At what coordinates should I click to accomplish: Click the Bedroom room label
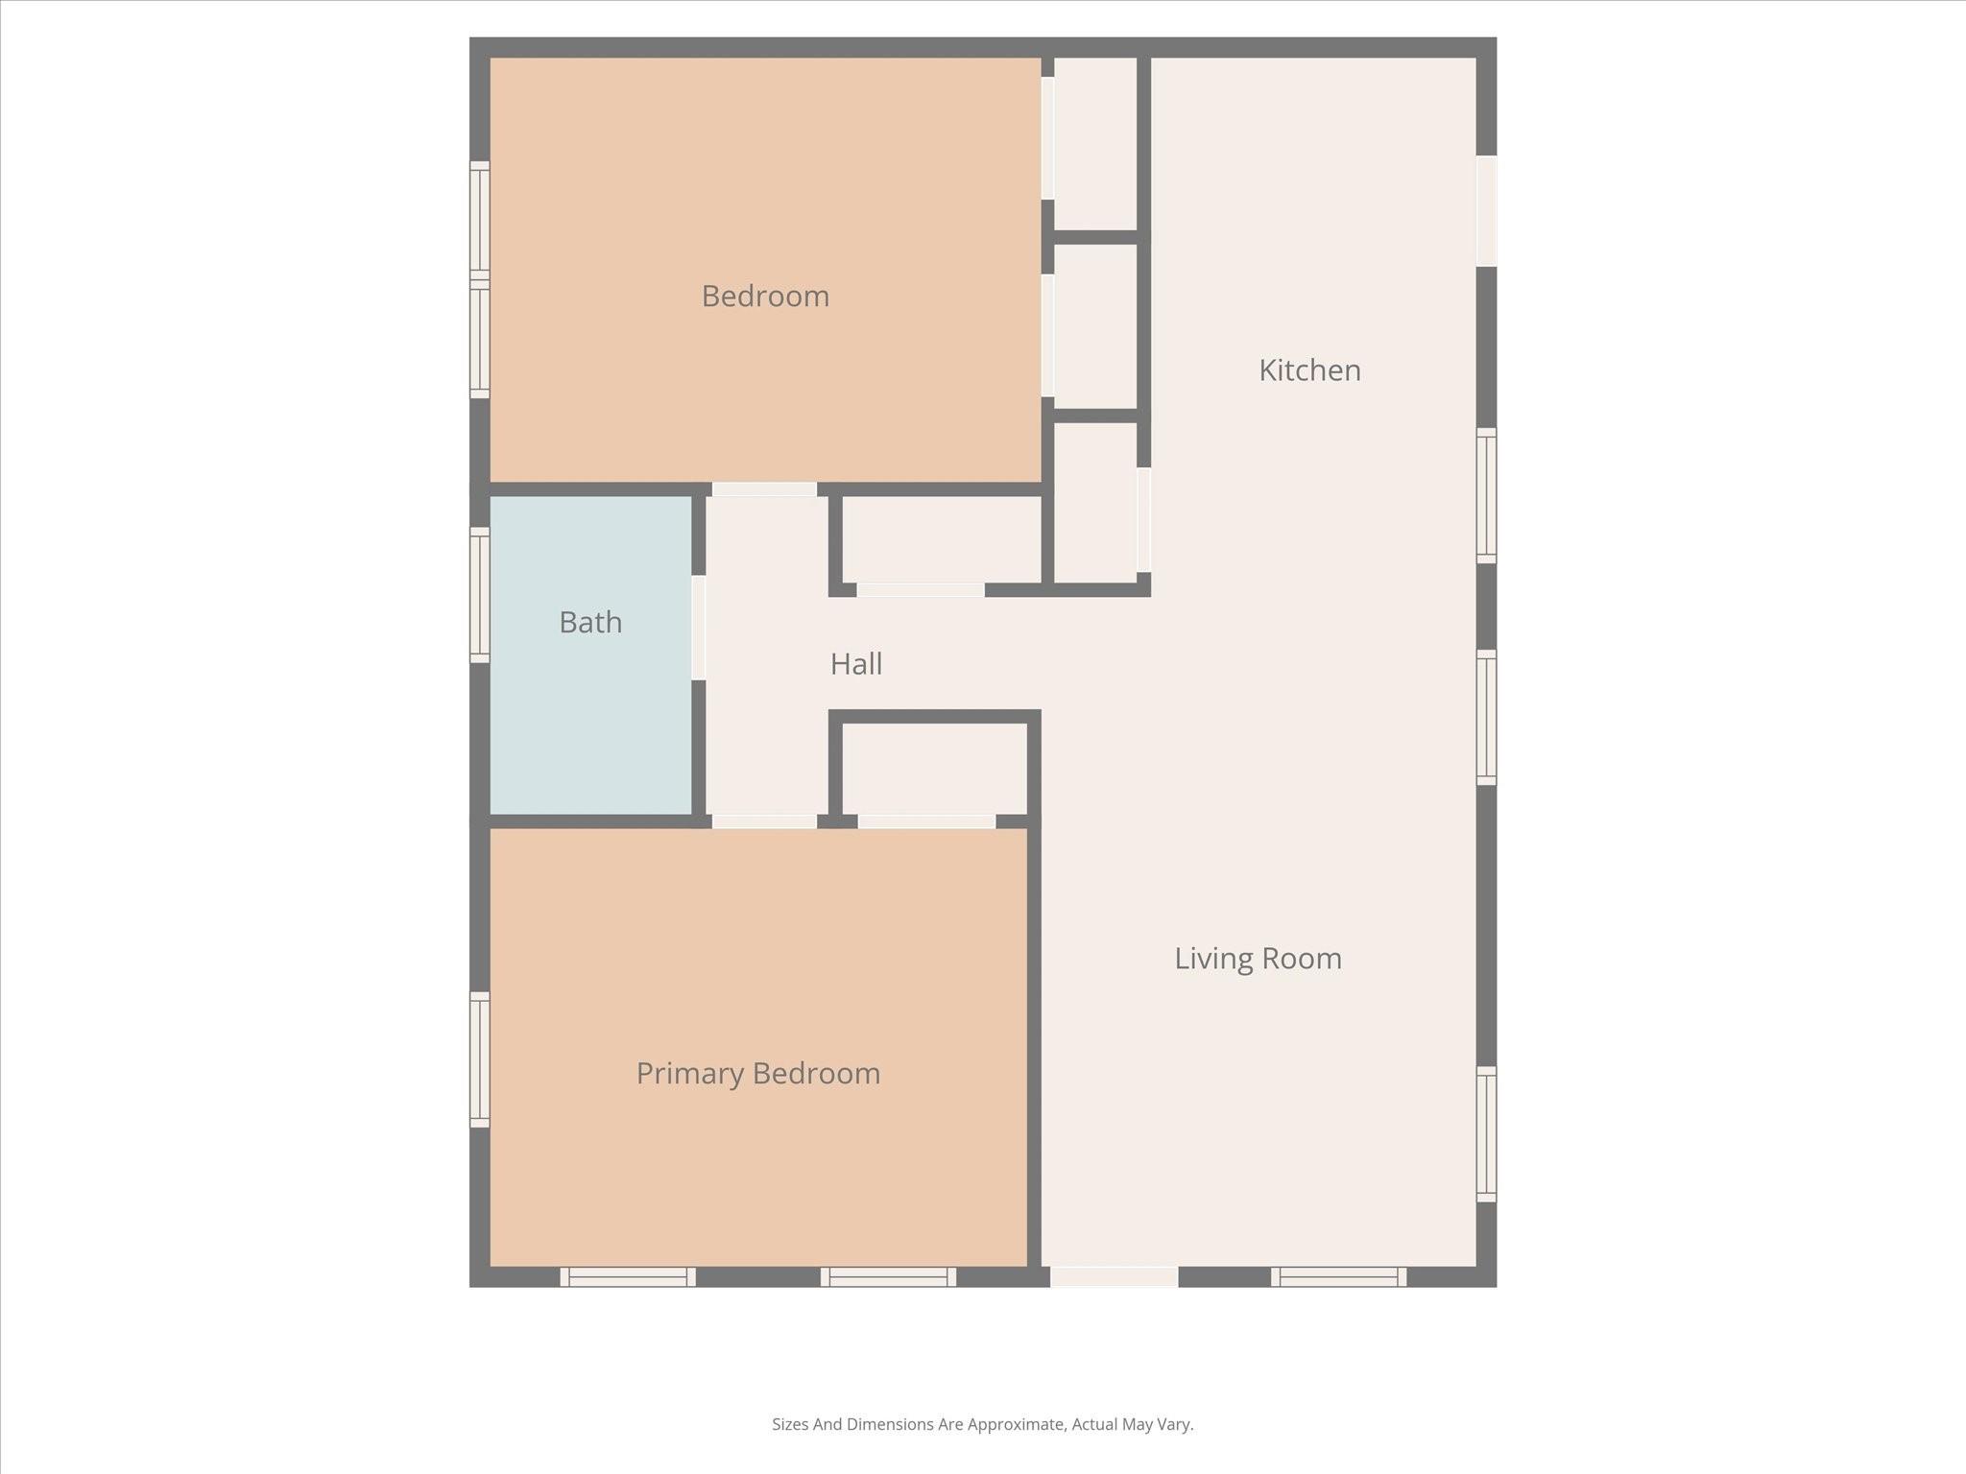pos(765,296)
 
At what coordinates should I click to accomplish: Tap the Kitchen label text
pos(1309,370)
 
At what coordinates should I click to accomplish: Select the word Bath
pos(590,623)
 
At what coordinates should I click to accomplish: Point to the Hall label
pos(855,664)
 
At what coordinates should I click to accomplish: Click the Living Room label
pos(1258,959)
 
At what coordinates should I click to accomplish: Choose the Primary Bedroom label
pos(758,1073)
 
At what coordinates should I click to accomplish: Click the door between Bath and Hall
pos(699,628)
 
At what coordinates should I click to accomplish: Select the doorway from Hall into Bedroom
pos(764,489)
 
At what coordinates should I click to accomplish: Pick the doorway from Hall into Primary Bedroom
pos(764,821)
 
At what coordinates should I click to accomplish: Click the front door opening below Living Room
pos(1114,1277)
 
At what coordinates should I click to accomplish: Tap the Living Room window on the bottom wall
pos(1338,1277)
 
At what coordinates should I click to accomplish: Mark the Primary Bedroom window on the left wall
pos(479,1059)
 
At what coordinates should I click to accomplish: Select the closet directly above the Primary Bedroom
pos(934,768)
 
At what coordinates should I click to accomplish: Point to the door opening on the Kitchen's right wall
pos(1486,211)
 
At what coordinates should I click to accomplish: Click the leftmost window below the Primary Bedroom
pos(628,1277)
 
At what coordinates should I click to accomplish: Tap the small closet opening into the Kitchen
pos(1095,501)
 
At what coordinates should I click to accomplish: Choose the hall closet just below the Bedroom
pos(941,538)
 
